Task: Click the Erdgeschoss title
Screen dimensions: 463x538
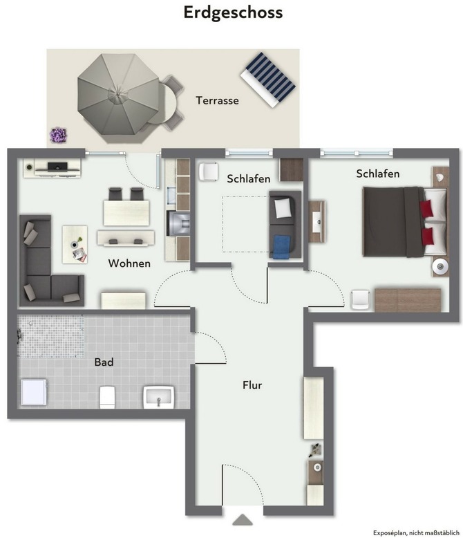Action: click(x=233, y=12)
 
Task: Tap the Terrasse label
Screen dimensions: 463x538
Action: click(x=217, y=100)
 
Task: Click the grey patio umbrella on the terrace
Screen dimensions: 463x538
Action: click(x=117, y=98)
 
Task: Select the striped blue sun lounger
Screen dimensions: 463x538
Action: click(x=268, y=80)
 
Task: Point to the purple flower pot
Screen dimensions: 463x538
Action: click(x=58, y=135)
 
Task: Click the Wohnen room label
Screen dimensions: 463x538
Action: click(x=129, y=263)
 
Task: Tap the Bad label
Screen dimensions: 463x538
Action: click(x=104, y=362)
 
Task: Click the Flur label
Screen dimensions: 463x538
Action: click(x=252, y=385)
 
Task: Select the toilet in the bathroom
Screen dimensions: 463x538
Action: click(x=107, y=397)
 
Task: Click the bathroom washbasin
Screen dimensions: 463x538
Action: click(x=159, y=397)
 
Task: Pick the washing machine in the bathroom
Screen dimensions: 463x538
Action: click(x=34, y=392)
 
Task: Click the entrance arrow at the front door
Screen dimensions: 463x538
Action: click(x=243, y=520)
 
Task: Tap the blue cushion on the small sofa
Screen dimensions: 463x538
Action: click(x=281, y=246)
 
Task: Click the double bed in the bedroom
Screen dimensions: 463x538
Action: click(x=405, y=222)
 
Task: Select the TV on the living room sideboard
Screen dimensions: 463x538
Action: click(x=57, y=167)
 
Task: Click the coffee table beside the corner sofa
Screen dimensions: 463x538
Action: click(x=75, y=244)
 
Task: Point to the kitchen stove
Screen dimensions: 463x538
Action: click(x=178, y=224)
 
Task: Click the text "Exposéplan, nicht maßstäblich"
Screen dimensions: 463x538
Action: click(x=416, y=533)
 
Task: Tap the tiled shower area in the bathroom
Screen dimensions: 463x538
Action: click(x=50, y=336)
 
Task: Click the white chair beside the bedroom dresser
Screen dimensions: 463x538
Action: click(x=360, y=299)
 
